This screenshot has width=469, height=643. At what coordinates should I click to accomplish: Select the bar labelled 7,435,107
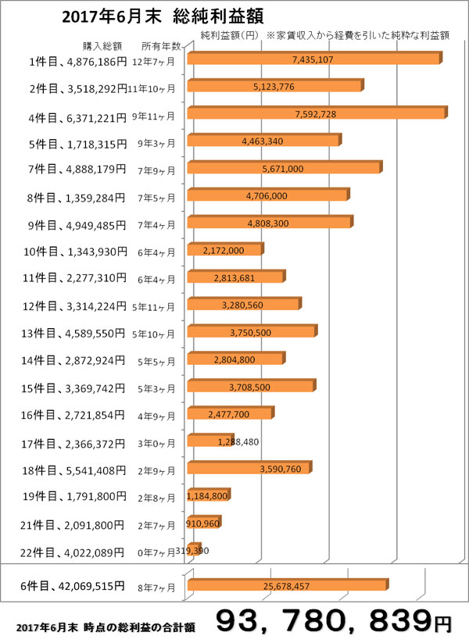(313, 59)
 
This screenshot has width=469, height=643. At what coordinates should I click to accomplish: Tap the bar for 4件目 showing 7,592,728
(316, 113)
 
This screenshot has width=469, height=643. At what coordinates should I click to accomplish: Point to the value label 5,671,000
(284, 168)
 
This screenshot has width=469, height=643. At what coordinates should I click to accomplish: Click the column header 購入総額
(100, 45)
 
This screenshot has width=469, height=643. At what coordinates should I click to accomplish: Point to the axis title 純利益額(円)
(228, 35)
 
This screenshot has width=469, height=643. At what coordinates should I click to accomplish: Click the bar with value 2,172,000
(224, 250)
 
